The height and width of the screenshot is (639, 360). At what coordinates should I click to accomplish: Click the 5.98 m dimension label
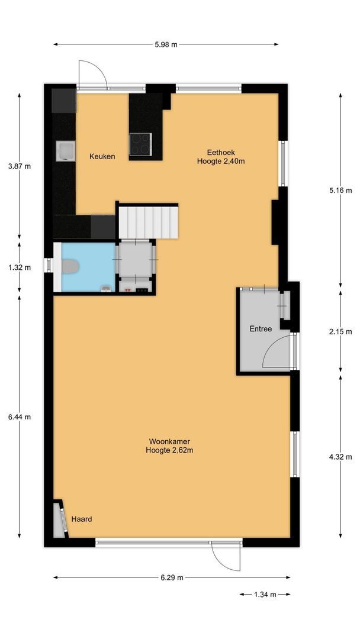tap(166, 44)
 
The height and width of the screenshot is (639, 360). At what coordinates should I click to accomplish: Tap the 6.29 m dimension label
tap(172, 577)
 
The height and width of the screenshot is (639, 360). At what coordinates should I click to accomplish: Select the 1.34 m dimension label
tap(265, 595)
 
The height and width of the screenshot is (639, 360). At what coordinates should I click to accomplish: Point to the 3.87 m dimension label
tap(20, 166)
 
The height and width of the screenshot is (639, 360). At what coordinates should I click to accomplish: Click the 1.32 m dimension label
tap(20, 267)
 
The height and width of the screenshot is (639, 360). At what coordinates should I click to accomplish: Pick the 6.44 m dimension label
tap(20, 417)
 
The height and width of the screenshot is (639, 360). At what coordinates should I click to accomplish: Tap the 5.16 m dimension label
tap(340, 191)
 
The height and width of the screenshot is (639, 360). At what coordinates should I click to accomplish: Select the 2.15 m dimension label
tap(340, 331)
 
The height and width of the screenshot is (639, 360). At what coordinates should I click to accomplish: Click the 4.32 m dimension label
tap(340, 457)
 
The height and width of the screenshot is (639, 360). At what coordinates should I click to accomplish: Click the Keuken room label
tap(102, 156)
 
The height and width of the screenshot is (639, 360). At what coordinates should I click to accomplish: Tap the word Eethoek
tap(221, 151)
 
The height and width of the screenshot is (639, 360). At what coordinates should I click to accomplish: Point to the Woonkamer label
tap(169, 441)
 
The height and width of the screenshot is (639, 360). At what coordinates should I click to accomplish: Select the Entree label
tap(261, 329)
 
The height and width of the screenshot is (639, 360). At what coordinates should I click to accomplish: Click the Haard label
tap(82, 519)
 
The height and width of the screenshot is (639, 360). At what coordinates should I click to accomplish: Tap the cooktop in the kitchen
tap(140, 144)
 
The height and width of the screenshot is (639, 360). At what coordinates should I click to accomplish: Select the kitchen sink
tap(65, 151)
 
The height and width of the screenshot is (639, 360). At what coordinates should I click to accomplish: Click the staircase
tap(147, 221)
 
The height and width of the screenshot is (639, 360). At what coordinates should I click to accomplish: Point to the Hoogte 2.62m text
tap(169, 450)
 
